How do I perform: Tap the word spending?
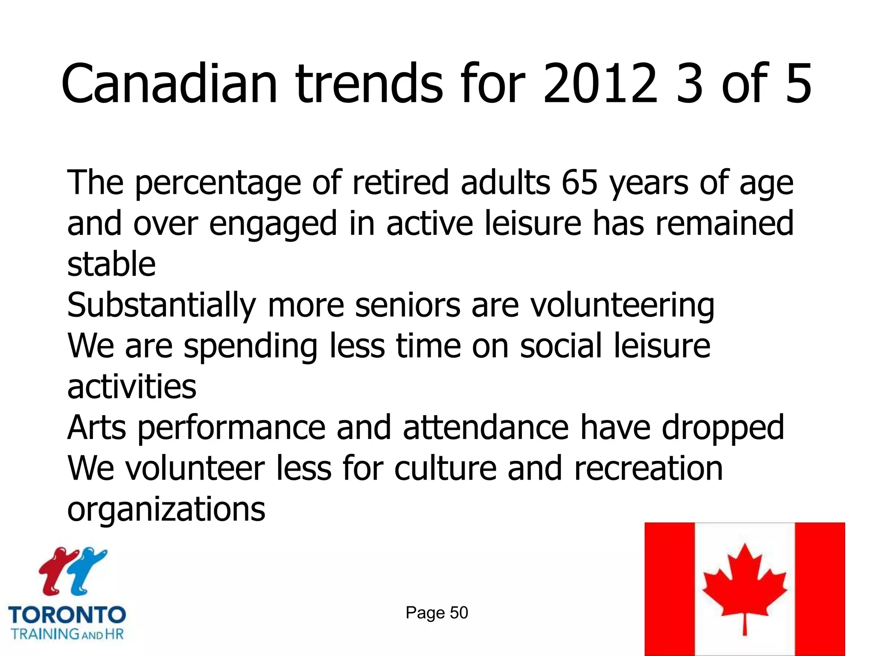(x=251, y=346)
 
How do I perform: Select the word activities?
(x=132, y=387)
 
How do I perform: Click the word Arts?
(x=96, y=428)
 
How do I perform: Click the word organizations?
(x=166, y=510)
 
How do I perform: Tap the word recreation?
(x=648, y=469)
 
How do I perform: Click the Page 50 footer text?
(x=437, y=613)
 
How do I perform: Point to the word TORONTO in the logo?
(x=67, y=615)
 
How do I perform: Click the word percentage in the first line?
(x=218, y=183)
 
